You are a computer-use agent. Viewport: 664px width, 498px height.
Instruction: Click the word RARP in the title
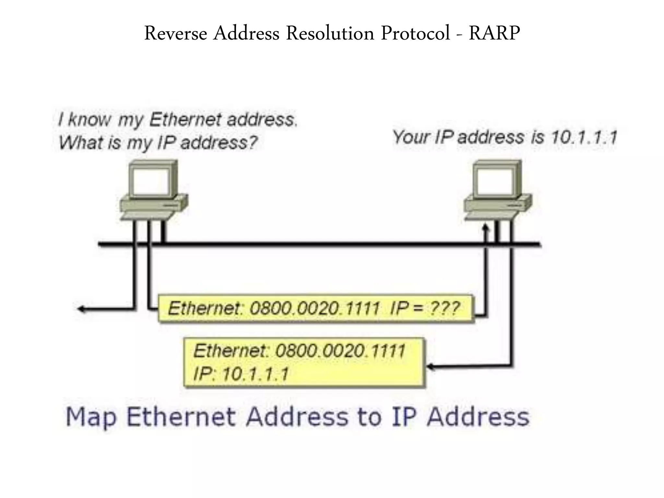(x=494, y=33)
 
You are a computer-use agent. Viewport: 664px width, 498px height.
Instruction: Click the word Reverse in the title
(x=175, y=33)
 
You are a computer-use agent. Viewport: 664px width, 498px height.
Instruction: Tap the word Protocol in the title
(x=415, y=33)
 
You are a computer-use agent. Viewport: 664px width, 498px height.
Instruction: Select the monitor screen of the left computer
(x=150, y=183)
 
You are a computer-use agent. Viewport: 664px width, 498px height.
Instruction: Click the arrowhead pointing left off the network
(x=81, y=309)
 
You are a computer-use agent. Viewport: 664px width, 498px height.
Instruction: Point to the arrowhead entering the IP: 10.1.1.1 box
(x=430, y=367)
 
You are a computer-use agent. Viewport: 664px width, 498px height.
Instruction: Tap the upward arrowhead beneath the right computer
(x=485, y=228)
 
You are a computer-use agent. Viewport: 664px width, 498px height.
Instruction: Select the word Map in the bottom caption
(x=91, y=417)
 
